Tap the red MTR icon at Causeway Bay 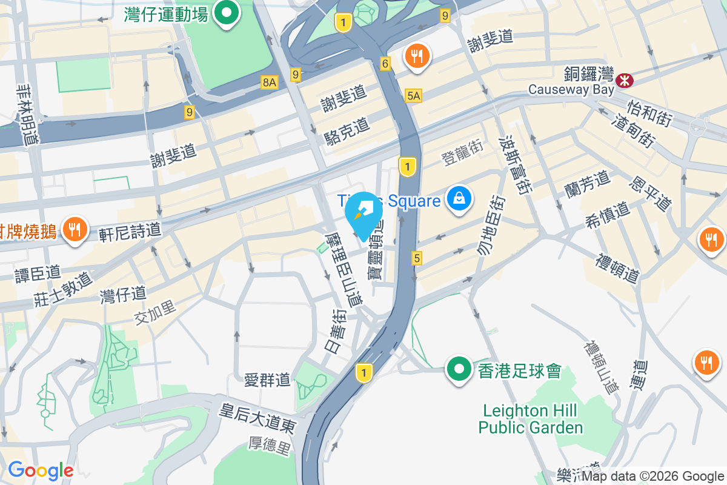(x=623, y=79)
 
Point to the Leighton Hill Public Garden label (x=531, y=419)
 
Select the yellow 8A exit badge (x=270, y=82)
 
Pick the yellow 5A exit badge (x=414, y=96)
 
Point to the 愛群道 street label (x=267, y=380)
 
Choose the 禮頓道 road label (x=617, y=269)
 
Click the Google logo (x=41, y=470)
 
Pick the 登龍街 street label (x=462, y=157)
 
